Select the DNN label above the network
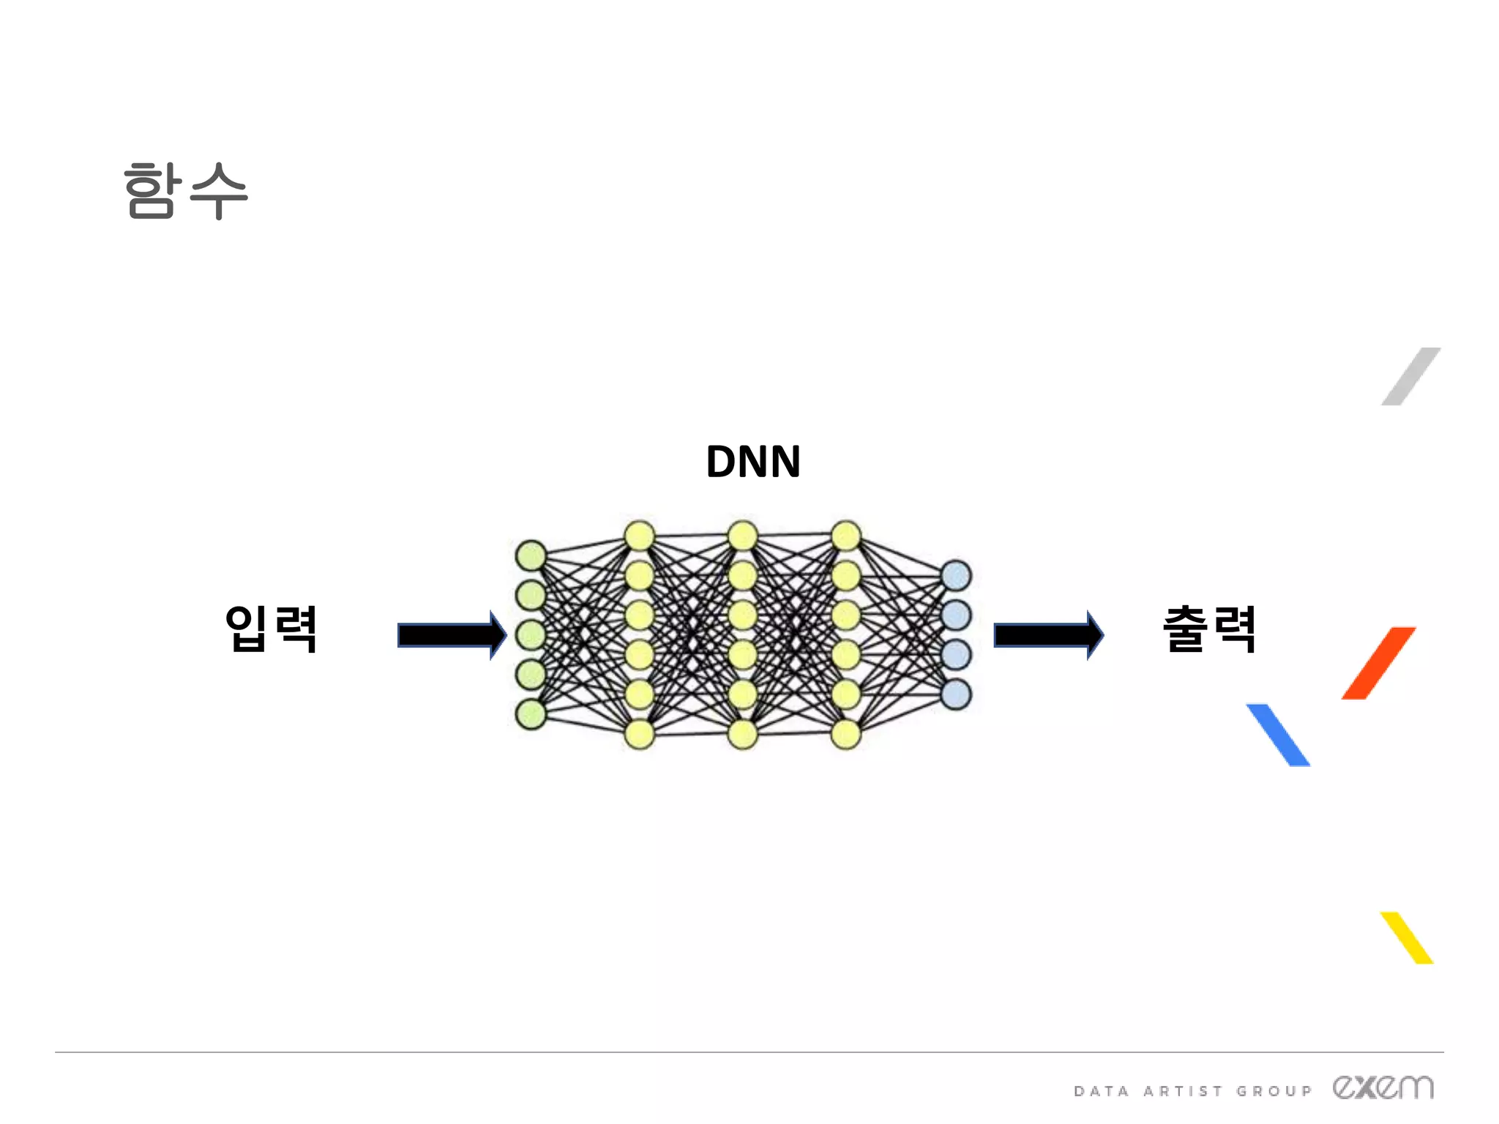click(x=753, y=462)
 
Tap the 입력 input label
click(x=271, y=629)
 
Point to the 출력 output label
click(x=1210, y=629)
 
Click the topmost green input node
click(x=531, y=555)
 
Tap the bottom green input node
click(x=531, y=714)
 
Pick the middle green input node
click(x=531, y=634)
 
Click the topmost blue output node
click(x=956, y=575)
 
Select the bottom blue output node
click(x=956, y=694)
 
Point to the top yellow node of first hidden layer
click(x=639, y=536)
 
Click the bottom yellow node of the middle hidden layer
click(x=742, y=734)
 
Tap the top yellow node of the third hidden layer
click(x=846, y=536)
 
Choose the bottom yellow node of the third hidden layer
click(x=846, y=734)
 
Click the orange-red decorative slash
click(x=1378, y=663)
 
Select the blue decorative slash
click(x=1278, y=735)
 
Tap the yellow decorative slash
click(x=1407, y=937)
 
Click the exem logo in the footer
click(x=1383, y=1087)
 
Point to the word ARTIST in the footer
click(x=1183, y=1091)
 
